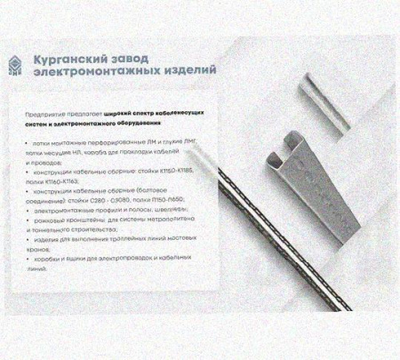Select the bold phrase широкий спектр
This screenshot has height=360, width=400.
click(x=124, y=116)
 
